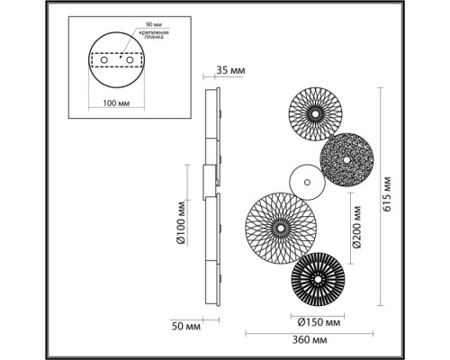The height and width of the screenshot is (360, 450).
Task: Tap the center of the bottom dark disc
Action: (319, 280)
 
